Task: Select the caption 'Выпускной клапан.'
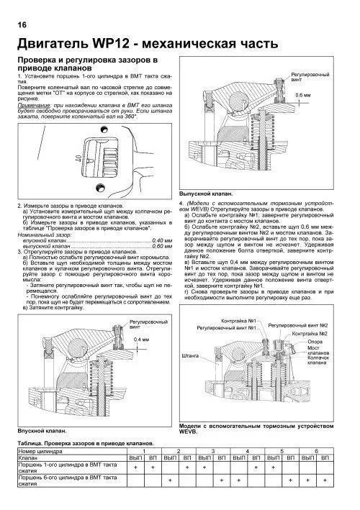click(202, 193)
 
